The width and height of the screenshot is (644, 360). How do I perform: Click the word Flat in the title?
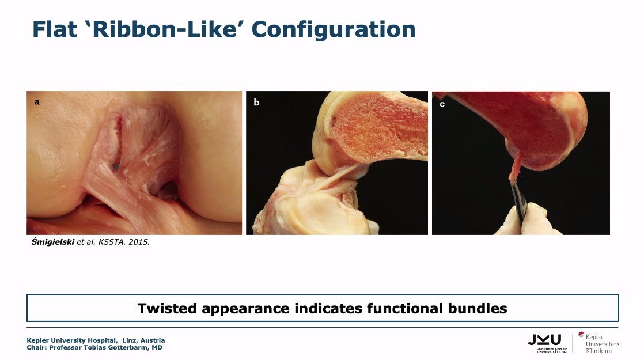(55, 29)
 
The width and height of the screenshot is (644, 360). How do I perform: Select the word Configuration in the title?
(334, 30)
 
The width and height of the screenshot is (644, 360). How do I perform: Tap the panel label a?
(37, 102)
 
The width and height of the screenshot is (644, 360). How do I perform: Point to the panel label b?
(256, 102)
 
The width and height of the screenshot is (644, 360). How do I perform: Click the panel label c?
(442, 104)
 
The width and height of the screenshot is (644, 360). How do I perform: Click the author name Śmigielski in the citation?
(53, 242)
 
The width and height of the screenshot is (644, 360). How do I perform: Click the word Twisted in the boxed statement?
(167, 308)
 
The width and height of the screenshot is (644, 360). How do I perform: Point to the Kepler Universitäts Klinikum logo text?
(602, 343)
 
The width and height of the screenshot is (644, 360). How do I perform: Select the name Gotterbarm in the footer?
(125, 348)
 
